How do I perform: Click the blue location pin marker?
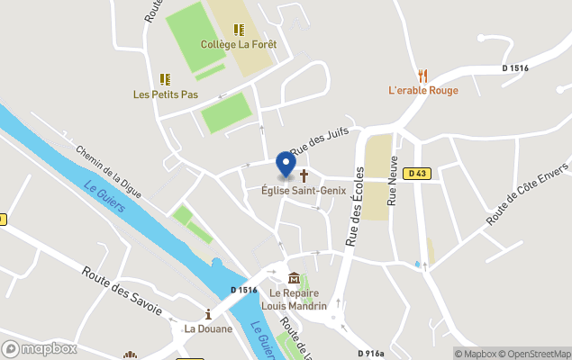pyautogui.click(x=286, y=164)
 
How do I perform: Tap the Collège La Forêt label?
pyautogui.click(x=239, y=44)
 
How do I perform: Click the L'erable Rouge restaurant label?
pyautogui.click(x=422, y=90)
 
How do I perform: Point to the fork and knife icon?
pyautogui.click(x=422, y=76)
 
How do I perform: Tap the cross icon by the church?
pyautogui.click(x=304, y=175)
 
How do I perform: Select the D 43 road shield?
pyautogui.click(x=415, y=174)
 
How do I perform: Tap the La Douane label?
pyautogui.click(x=208, y=328)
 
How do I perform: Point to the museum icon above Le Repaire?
pyautogui.click(x=294, y=278)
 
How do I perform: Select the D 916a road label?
pyautogui.click(x=370, y=354)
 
